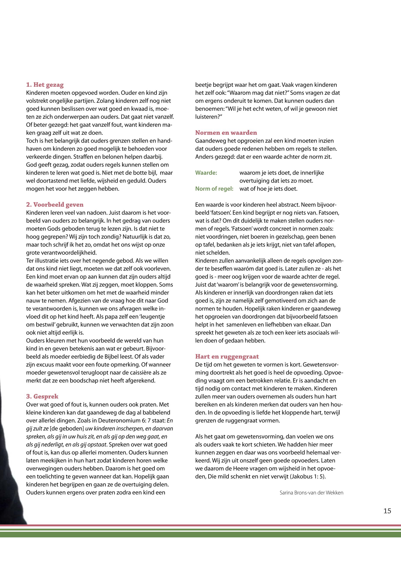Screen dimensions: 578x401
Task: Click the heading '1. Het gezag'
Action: pos(45,85)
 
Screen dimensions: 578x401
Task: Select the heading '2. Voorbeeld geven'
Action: pos(55,204)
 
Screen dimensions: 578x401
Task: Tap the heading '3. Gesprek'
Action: pos(42,396)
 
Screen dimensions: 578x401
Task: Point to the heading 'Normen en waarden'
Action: pos(226,133)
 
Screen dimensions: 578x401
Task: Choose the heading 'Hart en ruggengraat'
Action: pos(227,356)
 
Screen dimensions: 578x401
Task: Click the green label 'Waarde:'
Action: pos(206,173)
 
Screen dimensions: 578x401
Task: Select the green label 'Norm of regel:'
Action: pos(214,189)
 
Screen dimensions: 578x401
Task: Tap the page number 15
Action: pos(387,511)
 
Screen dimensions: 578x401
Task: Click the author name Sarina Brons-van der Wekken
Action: pos(311,493)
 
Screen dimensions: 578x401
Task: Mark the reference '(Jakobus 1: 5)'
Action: pos(308,477)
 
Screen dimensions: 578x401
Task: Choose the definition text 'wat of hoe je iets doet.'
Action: pos(268,189)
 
